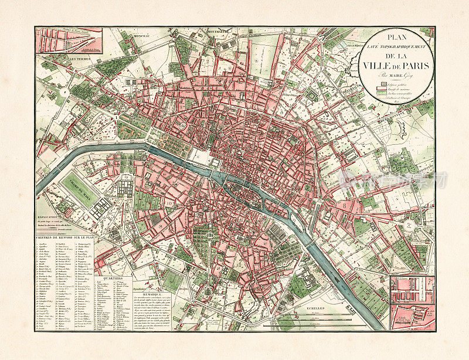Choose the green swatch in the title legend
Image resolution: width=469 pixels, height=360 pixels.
[379, 92]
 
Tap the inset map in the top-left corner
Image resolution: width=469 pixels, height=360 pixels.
[69, 39]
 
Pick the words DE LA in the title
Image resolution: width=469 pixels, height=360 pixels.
[396, 55]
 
